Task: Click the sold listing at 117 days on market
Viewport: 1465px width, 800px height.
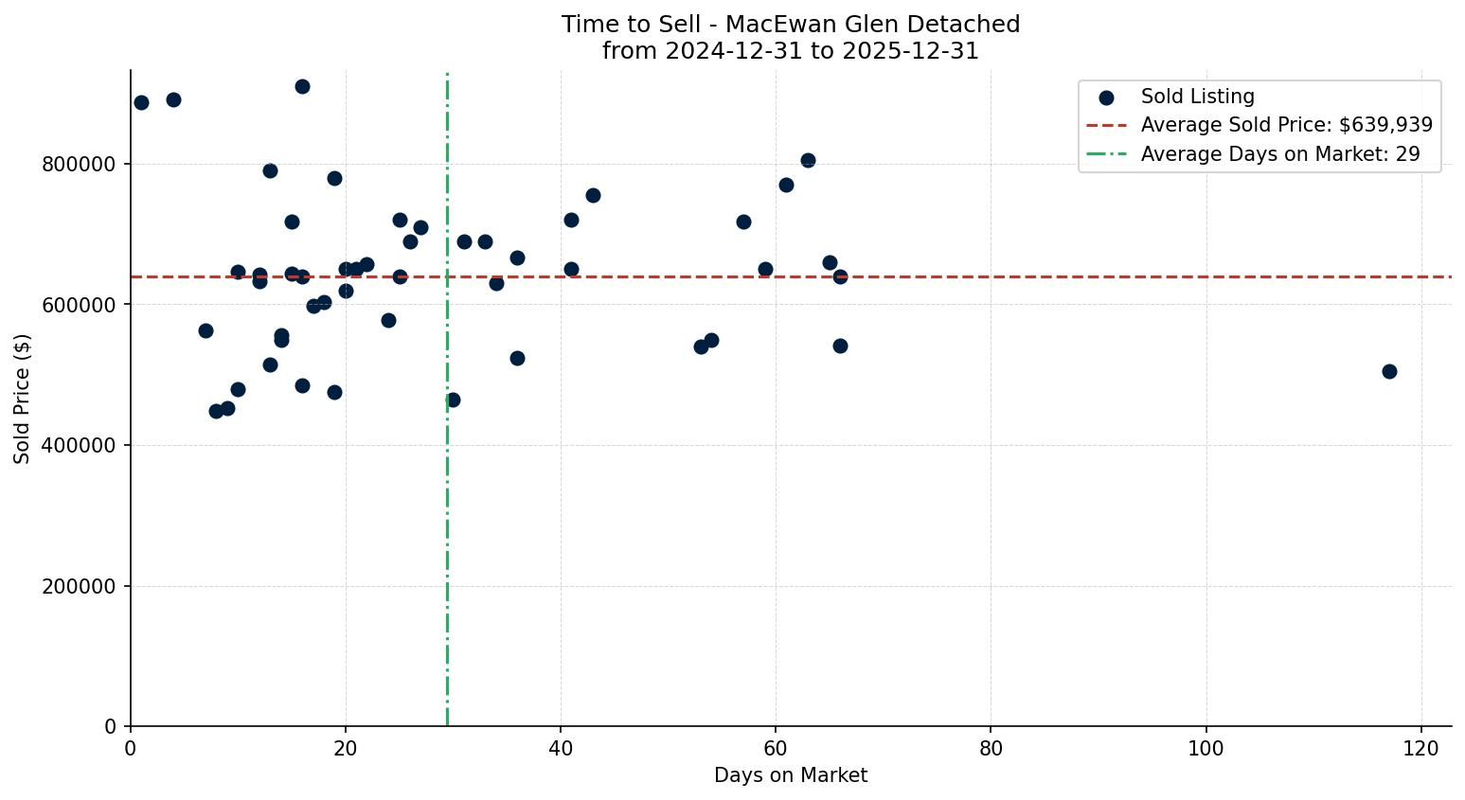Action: point(1389,371)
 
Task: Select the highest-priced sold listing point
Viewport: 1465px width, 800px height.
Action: point(302,86)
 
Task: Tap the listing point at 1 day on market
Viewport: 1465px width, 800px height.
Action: point(141,102)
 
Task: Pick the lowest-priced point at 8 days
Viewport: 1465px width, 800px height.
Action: point(216,411)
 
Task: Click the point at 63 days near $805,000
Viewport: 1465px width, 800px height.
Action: point(808,160)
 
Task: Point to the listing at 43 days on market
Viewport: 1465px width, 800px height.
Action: point(593,195)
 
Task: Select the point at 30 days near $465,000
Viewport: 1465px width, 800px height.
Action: point(453,400)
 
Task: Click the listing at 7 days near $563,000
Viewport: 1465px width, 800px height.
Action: point(205,330)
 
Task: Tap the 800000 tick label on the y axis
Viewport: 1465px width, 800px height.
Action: point(80,165)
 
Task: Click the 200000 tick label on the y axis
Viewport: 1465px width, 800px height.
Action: point(80,587)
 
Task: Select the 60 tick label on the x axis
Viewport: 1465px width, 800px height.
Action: point(776,748)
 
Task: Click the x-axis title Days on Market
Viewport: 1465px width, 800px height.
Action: point(791,775)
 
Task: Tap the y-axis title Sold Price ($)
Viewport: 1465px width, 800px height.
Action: point(22,399)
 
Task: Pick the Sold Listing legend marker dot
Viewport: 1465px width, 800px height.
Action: point(1106,97)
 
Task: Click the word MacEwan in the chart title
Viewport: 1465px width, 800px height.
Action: point(766,25)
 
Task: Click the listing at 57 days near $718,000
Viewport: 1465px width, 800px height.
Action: point(743,222)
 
